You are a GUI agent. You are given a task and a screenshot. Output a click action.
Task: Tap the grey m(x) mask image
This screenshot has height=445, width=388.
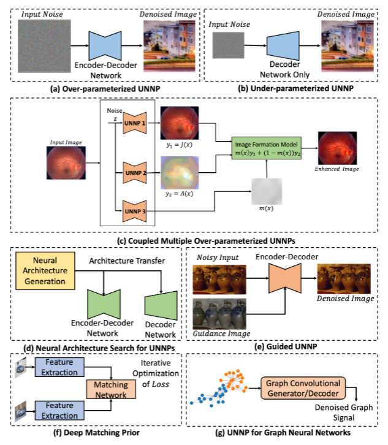tap(265, 192)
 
